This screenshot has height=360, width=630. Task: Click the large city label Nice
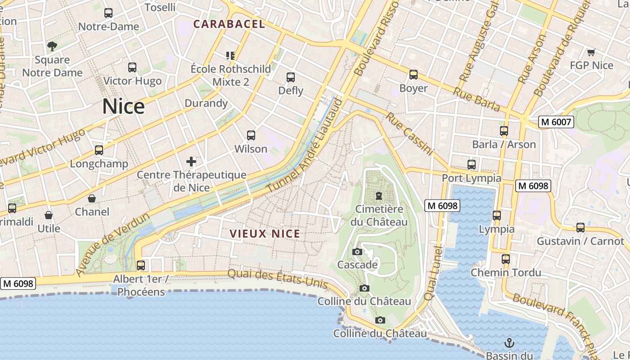[123, 107]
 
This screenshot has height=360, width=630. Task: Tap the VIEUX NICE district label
[265, 234]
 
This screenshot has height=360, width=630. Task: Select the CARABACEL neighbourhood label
[229, 24]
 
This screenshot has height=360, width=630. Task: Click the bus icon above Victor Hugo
[132, 67]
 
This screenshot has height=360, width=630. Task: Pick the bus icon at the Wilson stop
[251, 135]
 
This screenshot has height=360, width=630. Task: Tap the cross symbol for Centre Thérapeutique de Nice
[191, 161]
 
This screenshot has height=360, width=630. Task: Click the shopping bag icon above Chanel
[92, 198]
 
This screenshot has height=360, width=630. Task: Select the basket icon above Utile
[49, 216]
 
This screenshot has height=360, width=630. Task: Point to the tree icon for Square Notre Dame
[52, 46]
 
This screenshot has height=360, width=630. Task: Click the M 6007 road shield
[556, 121]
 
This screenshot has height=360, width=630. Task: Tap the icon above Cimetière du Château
[379, 196]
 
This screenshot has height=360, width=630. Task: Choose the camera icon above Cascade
[357, 252]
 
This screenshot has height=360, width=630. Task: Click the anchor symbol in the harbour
[509, 343]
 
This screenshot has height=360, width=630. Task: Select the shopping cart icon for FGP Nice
[591, 52]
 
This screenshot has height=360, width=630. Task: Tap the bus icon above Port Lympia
[471, 165]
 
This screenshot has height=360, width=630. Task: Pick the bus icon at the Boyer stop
[413, 75]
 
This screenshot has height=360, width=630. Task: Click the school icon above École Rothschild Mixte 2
[230, 56]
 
